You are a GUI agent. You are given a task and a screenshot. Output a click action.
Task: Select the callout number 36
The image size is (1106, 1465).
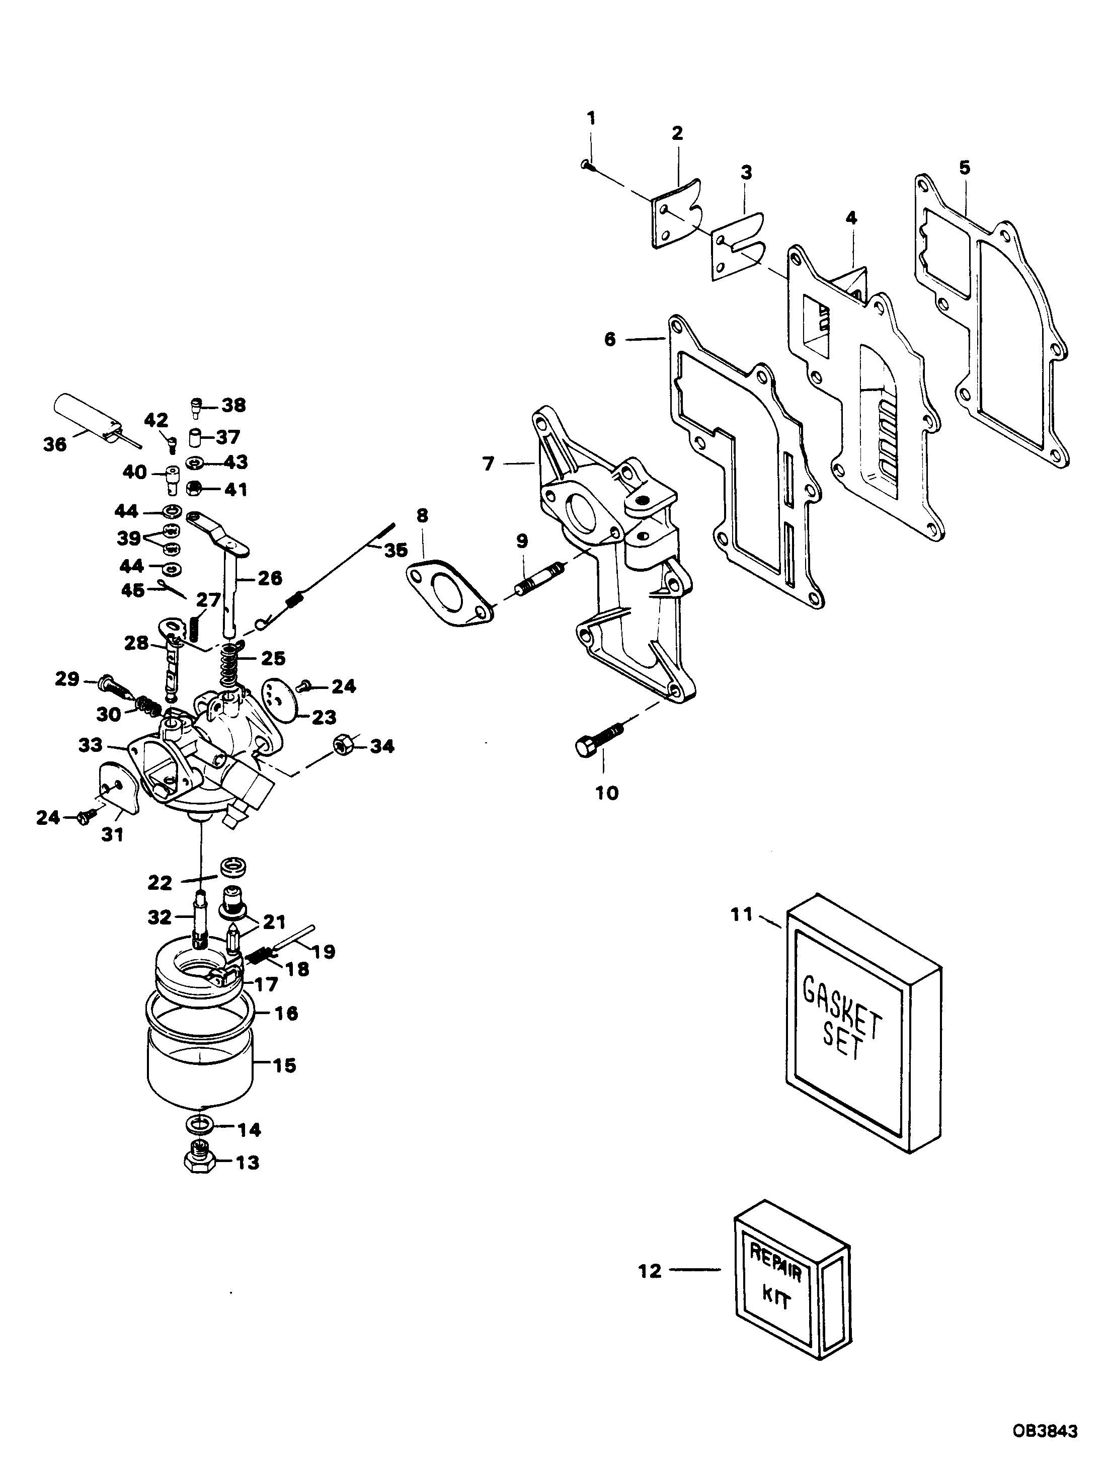[55, 444]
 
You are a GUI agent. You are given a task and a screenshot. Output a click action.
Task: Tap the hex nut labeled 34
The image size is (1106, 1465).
[342, 746]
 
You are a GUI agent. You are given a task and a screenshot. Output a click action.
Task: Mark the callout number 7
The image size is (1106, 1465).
[488, 464]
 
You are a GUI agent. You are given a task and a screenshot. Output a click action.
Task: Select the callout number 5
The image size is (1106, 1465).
[964, 168]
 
